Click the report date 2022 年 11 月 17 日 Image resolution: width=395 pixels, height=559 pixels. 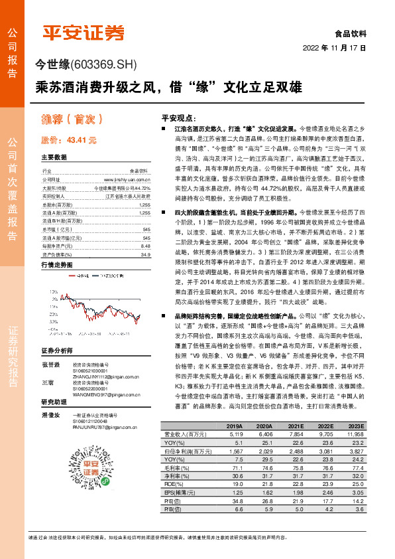pyautogui.click(x=335, y=48)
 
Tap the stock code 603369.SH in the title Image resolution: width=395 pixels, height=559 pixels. pyautogui.click(x=102, y=64)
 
